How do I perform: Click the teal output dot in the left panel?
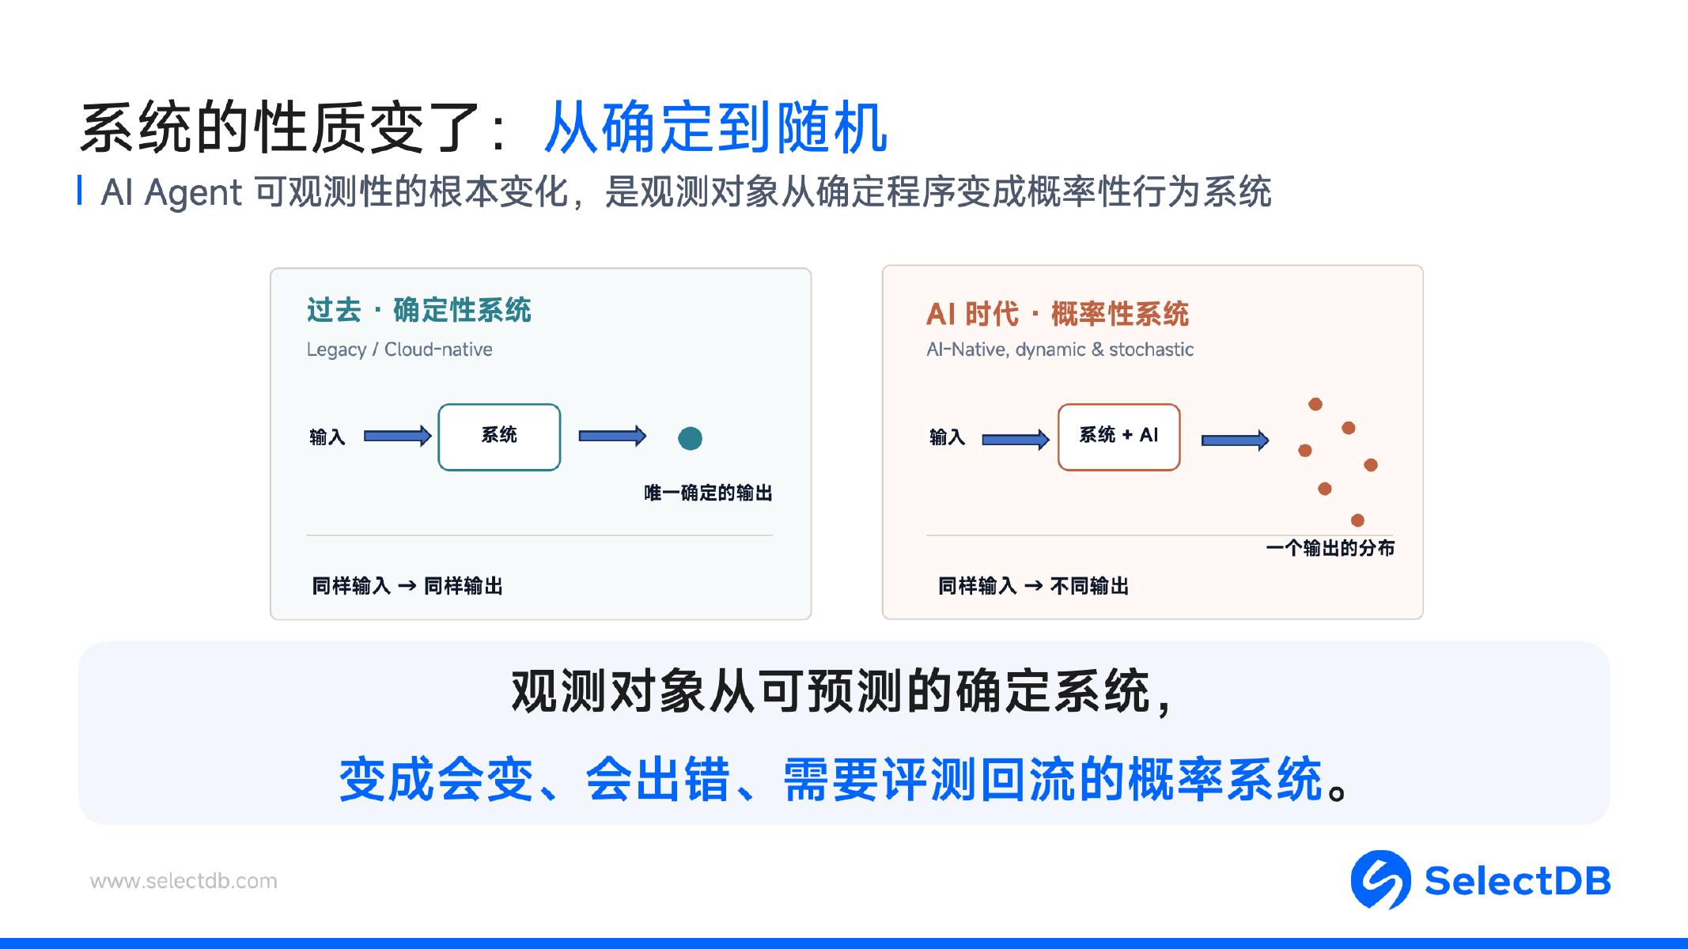coord(690,438)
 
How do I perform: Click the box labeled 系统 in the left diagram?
coord(499,437)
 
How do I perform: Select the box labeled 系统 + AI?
coord(1118,437)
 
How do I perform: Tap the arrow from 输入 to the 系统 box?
coord(397,436)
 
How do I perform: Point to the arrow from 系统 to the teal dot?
coord(612,436)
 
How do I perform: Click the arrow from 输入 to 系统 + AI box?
coord(1016,440)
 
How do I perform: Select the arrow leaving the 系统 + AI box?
coord(1235,440)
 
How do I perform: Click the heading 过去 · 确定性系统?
coord(418,310)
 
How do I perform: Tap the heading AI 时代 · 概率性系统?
coord(1058,314)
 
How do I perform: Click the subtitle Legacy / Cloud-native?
coord(399,350)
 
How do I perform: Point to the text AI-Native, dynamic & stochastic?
coord(1060,350)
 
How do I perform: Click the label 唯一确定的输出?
coord(708,493)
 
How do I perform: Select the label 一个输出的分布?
coord(1330,548)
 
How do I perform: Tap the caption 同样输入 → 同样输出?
coord(407,586)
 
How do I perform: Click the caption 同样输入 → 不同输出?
coord(1033,586)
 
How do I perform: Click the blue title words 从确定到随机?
coord(716,127)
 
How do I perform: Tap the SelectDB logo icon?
coord(1380,879)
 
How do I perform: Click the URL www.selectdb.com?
coord(184,881)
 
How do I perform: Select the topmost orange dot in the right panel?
coord(1315,404)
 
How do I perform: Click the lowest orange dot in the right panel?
coord(1357,520)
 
